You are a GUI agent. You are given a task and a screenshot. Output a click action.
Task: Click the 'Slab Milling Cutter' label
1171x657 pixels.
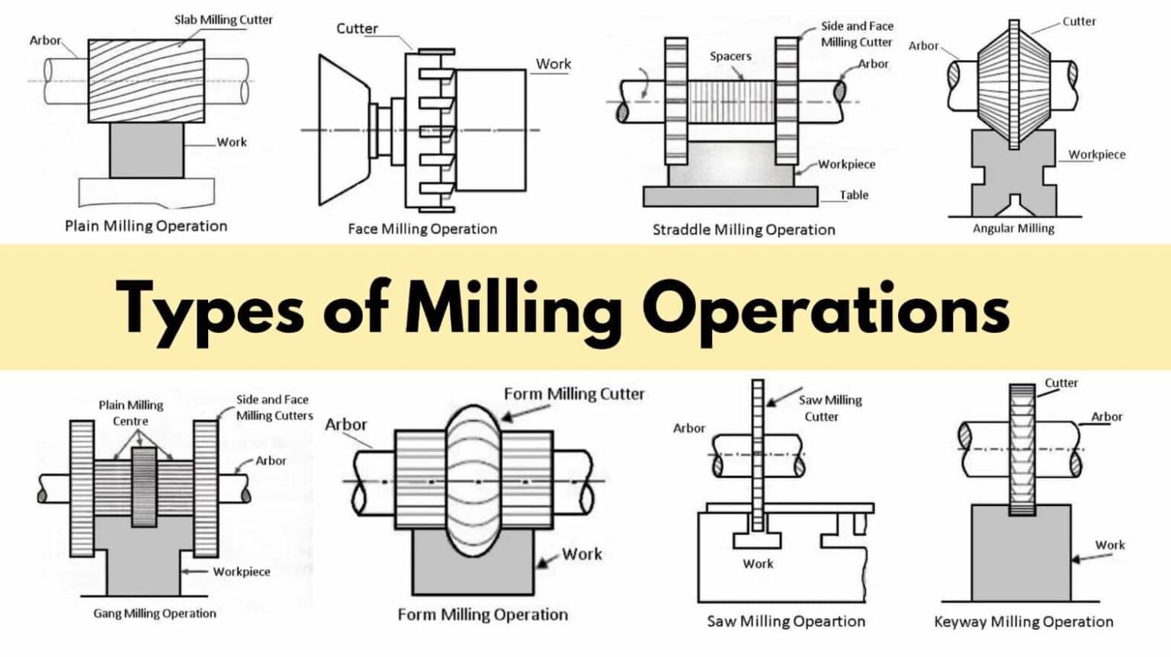223,20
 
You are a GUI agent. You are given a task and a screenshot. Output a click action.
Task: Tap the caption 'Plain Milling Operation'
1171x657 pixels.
146,226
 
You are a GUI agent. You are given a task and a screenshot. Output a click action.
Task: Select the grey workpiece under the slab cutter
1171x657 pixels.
146,151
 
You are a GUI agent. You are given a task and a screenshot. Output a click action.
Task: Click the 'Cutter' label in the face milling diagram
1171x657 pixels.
357,29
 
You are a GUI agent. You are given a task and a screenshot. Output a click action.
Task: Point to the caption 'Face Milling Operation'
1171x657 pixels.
422,229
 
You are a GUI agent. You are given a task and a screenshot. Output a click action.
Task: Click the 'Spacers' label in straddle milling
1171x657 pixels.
730,56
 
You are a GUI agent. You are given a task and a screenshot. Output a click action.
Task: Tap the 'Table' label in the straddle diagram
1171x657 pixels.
854,195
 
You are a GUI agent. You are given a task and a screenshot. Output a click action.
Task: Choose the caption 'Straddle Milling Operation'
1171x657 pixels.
743,229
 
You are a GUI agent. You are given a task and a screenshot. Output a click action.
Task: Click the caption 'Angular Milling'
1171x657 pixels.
1013,228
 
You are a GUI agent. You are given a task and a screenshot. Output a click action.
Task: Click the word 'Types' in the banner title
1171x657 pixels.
210,308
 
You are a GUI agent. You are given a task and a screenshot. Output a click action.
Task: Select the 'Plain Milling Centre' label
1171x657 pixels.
130,412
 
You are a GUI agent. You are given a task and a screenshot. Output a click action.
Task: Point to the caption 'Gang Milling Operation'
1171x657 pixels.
155,613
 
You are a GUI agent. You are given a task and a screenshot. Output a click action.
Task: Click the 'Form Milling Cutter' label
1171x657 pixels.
574,394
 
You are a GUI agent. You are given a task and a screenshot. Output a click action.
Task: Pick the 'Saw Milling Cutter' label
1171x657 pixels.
829,408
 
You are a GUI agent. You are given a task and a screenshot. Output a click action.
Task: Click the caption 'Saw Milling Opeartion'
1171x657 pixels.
785,621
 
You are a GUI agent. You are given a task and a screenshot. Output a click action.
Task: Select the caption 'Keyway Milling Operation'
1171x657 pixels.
1023,622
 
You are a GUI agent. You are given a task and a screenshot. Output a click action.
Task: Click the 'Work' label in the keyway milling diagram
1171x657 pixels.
1109,545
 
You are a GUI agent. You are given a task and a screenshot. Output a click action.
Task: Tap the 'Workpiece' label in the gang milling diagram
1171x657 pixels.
241,572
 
